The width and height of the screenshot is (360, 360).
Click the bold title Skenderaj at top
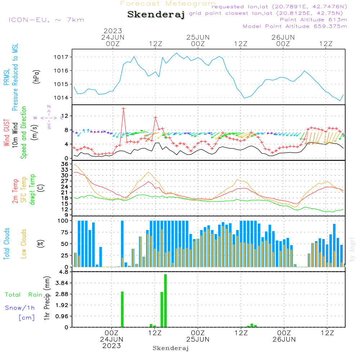(156, 15)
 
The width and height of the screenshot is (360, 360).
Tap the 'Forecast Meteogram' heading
(168, 4)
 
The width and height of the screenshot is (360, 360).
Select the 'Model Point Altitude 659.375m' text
(295, 26)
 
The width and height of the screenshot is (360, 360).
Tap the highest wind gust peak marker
(123, 108)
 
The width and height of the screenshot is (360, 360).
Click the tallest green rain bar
(165, 301)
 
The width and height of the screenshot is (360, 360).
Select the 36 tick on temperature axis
(65, 164)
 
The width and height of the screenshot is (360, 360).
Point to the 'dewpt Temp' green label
(32, 189)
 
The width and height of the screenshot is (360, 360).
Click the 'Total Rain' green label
(23, 294)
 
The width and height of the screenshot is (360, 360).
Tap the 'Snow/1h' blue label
(20, 308)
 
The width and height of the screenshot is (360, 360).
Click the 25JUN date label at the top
(198, 37)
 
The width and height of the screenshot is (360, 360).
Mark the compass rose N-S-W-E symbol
(49, 117)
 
